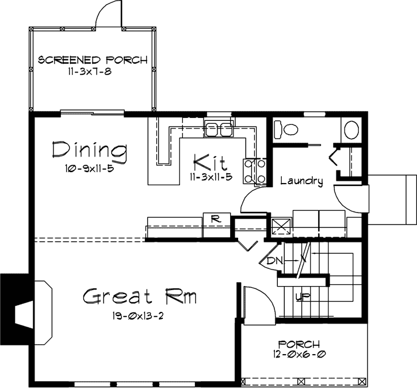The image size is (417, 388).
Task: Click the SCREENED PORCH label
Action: pos(93,60)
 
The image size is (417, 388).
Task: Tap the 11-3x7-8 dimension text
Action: pos(93,73)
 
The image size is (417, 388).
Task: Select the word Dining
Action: pos(89,151)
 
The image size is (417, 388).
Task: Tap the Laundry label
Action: pos(301,181)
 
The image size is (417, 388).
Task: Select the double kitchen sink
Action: pos(219,130)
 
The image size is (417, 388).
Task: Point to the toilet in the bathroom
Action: pos(285,129)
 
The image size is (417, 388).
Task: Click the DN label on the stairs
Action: pos(275,261)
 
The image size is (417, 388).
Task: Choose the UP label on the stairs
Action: pos(299,298)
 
